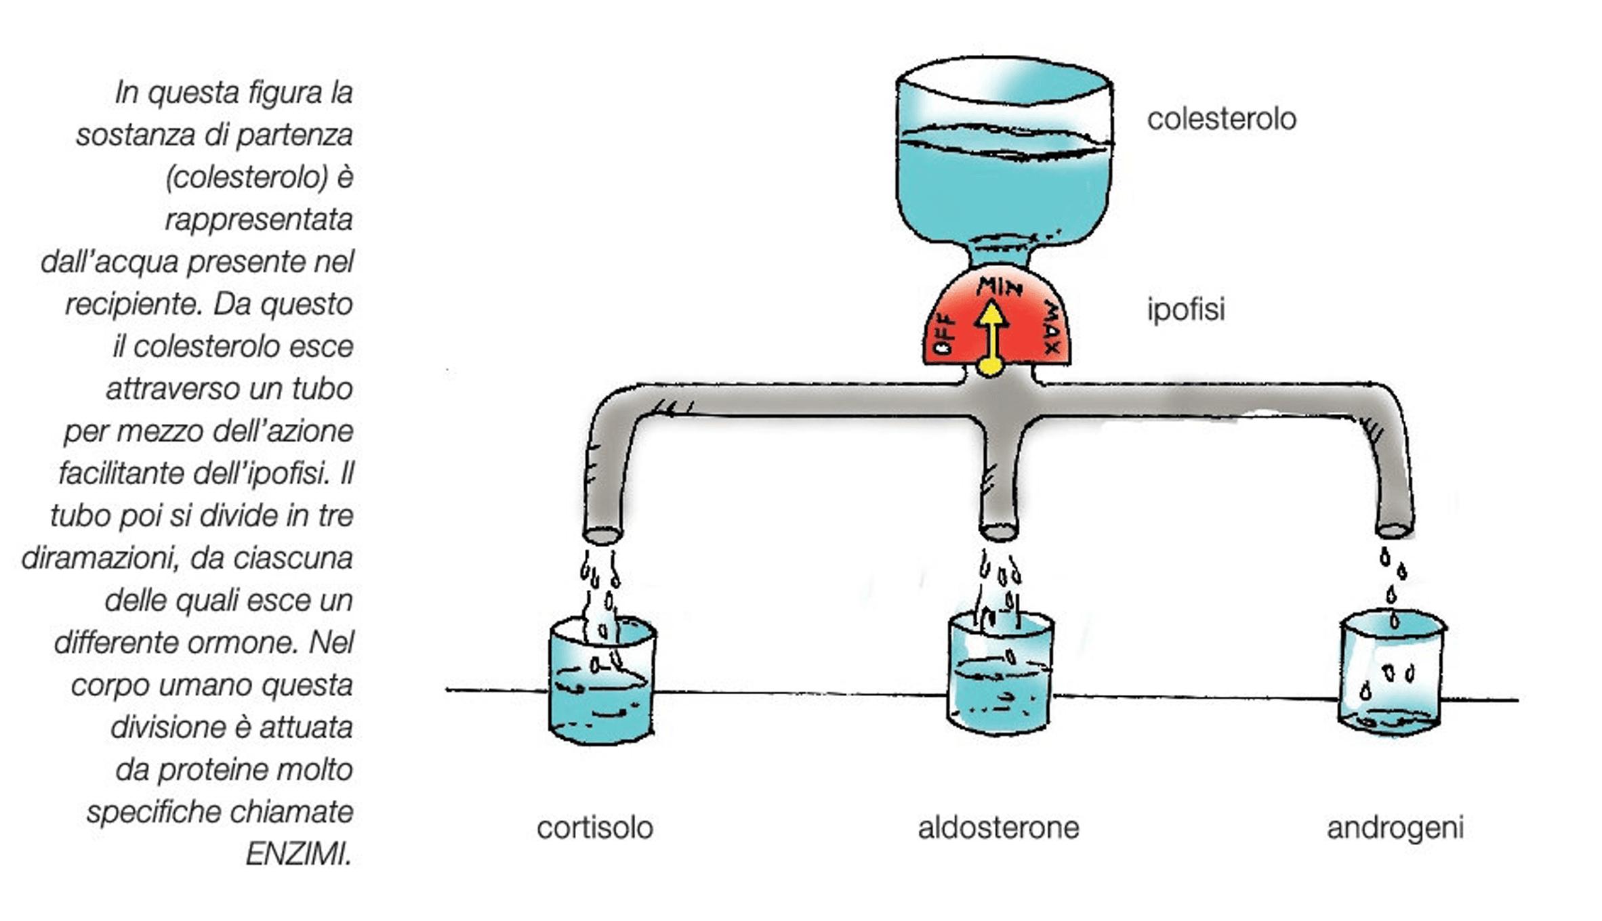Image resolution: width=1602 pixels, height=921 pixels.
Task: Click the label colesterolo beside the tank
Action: point(1221,119)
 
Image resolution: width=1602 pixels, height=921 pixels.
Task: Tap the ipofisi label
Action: point(1186,309)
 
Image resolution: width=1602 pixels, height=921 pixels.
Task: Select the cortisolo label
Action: point(594,828)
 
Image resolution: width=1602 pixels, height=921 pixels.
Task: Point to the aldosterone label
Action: point(998,828)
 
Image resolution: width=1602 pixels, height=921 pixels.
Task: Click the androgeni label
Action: point(1395,828)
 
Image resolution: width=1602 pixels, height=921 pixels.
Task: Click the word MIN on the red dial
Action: point(999,287)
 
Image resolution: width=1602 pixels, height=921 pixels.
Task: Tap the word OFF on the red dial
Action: point(944,334)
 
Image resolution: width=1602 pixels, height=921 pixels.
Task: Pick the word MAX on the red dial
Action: point(1051,329)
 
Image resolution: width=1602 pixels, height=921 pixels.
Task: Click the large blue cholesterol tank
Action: point(1004,156)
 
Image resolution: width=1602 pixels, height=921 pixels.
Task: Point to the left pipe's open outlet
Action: point(602,534)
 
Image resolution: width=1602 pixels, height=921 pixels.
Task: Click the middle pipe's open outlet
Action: point(998,532)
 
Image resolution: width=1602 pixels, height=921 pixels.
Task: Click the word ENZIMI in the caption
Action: point(298,854)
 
